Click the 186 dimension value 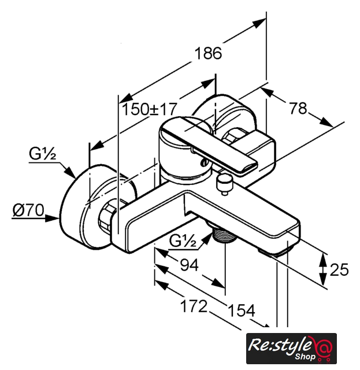coord(208,53)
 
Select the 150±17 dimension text coord(149,109)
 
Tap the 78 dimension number coord(298,108)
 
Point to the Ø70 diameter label coord(28,210)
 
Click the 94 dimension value coord(189,265)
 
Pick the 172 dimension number coord(194,306)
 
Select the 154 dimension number coord(242,310)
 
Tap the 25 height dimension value coord(339,269)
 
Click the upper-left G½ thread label coord(42,153)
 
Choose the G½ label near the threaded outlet coord(183,241)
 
